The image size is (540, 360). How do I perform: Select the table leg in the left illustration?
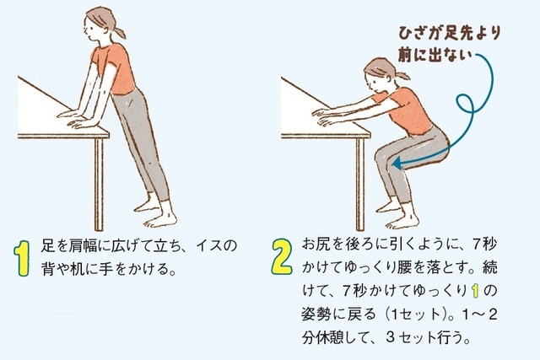[x=100, y=176]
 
